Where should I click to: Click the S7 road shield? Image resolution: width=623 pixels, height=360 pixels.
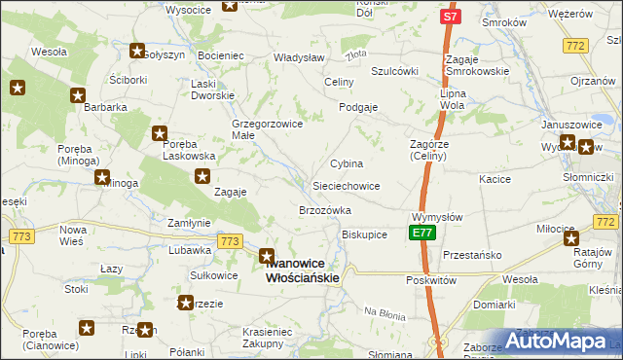coord(449,18)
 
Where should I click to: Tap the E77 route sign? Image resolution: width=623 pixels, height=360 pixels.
coord(422,234)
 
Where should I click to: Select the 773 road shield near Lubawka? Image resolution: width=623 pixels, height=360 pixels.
coord(230,241)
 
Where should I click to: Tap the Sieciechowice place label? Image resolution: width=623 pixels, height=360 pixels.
coord(346,185)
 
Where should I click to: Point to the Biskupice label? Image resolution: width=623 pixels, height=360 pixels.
coord(365,234)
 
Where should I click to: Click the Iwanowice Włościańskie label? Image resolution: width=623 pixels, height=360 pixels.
coord(303,270)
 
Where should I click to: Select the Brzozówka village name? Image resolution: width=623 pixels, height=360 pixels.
coord(324,210)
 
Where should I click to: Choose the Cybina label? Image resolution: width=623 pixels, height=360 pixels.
coord(347,163)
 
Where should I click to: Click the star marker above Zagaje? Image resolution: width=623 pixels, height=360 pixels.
coord(202,176)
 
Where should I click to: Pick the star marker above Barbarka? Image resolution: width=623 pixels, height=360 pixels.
coord(78,95)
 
